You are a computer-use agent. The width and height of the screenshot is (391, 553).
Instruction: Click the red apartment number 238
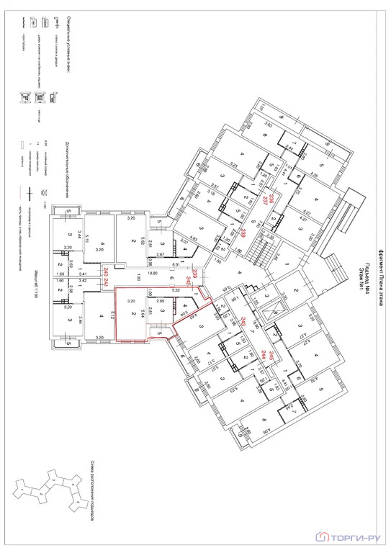point(244,232)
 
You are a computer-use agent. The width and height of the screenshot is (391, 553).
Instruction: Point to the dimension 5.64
point(144,314)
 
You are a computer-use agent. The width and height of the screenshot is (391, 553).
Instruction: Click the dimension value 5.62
point(144,241)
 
